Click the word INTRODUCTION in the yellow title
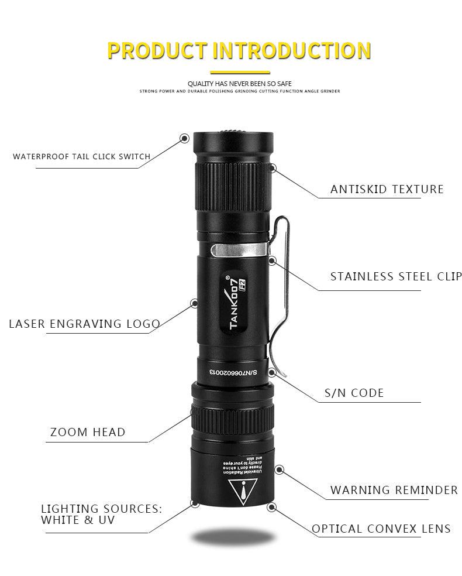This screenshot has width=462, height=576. [x=291, y=51]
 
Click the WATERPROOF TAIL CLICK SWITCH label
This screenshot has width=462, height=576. [x=82, y=156]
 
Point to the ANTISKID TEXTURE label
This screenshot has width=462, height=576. [x=387, y=189]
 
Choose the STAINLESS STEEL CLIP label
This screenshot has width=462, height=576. [x=396, y=276]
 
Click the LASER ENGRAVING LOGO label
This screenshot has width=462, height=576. [x=84, y=324]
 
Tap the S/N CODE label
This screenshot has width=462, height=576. [x=354, y=393]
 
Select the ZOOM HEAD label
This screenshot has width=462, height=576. [x=88, y=433]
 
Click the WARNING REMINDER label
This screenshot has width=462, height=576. [x=394, y=490]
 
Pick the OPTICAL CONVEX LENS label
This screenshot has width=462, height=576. [x=381, y=529]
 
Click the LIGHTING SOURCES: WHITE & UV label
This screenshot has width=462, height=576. [x=101, y=514]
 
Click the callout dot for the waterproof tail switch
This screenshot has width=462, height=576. [x=184, y=138]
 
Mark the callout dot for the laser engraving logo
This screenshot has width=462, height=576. [x=194, y=303]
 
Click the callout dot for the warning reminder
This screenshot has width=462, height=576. [x=280, y=469]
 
